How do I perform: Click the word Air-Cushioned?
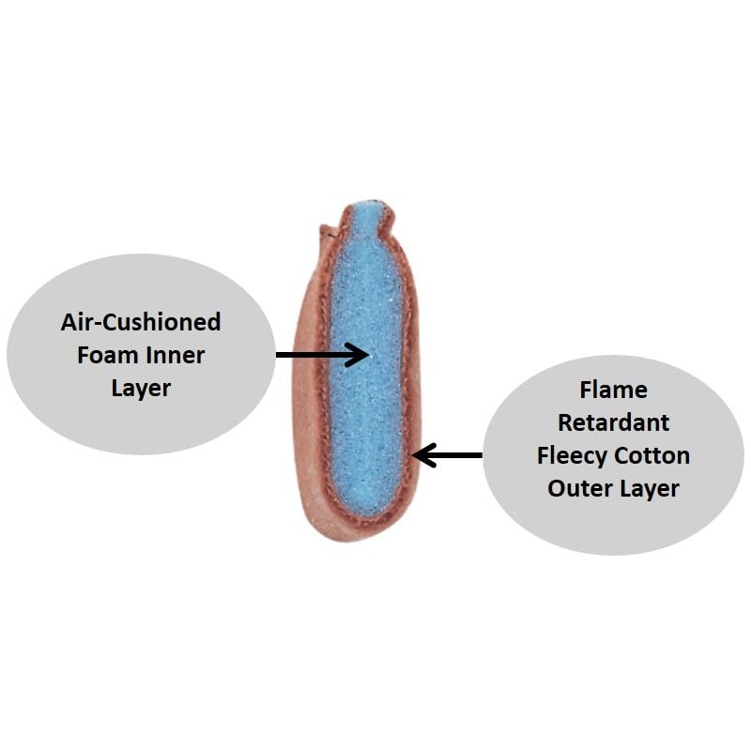[141, 322]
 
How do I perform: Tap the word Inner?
[175, 356]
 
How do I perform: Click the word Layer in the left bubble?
[141, 389]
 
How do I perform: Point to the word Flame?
[614, 390]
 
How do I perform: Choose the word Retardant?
[614, 423]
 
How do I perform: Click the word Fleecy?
[570, 456]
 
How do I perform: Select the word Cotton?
[651, 456]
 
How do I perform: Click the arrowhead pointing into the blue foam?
[359, 355]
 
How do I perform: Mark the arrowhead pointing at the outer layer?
[423, 455]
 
